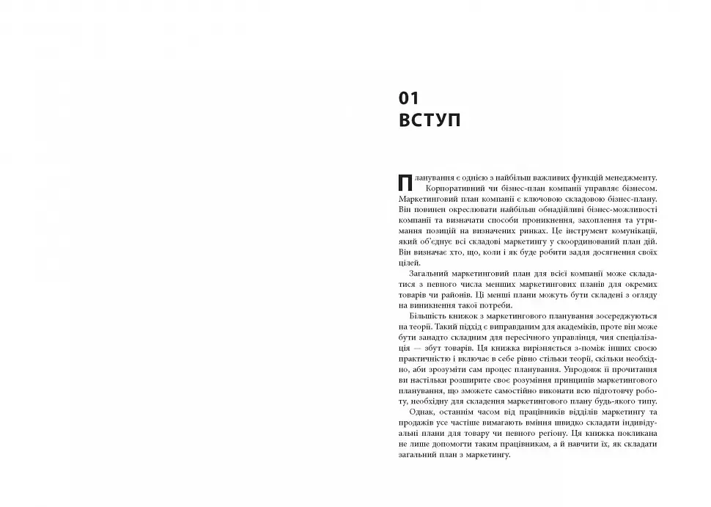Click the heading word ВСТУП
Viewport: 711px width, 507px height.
click(430, 120)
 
